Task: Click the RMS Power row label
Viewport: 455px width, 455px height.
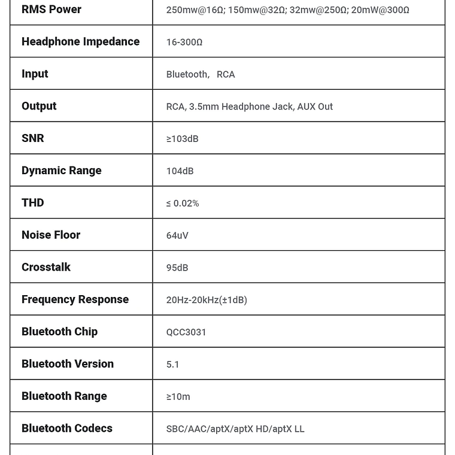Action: click(51, 10)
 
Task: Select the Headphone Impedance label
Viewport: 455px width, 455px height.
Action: click(80, 41)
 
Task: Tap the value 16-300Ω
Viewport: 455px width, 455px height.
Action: click(184, 42)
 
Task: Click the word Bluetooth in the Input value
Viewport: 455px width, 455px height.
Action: click(187, 74)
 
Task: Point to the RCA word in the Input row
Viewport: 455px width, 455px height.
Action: click(226, 74)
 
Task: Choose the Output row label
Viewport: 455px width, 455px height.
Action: click(39, 106)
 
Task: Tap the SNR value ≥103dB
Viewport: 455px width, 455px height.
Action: click(182, 139)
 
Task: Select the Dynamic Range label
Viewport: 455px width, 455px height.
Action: click(61, 171)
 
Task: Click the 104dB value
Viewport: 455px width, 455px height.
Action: click(180, 171)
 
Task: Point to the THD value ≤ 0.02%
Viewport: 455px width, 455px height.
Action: click(183, 204)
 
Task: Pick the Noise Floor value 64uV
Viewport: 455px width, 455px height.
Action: click(177, 236)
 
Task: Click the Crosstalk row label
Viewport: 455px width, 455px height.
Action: click(46, 267)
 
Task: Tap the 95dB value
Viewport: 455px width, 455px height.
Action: click(177, 268)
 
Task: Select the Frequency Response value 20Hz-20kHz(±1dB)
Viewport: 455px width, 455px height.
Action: click(207, 300)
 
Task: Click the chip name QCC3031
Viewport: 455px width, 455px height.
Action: click(186, 332)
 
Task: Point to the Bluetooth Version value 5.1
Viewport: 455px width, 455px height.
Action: click(172, 365)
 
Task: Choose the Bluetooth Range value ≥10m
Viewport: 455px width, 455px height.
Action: click(178, 397)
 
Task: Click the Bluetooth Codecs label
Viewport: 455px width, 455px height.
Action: click(67, 428)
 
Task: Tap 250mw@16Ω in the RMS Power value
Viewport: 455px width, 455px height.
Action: click(195, 10)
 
